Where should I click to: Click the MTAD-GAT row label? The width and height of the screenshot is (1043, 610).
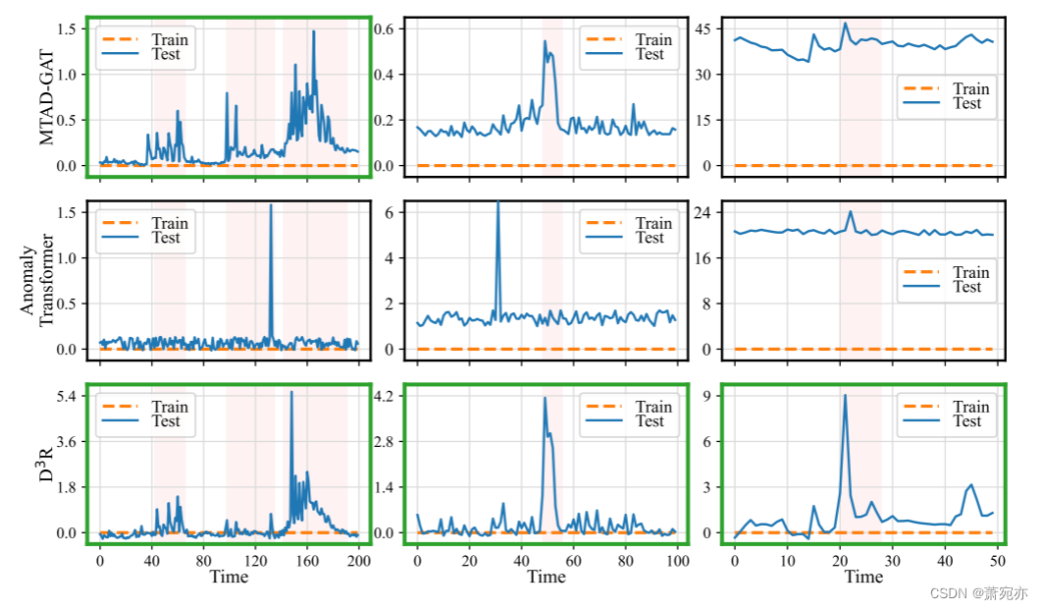(x=48, y=98)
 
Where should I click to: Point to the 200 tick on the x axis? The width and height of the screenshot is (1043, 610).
(x=359, y=562)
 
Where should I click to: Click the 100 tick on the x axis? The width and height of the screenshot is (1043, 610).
(x=676, y=562)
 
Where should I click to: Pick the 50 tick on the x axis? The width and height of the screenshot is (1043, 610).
(x=994, y=562)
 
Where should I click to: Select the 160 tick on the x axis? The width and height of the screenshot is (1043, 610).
(x=307, y=562)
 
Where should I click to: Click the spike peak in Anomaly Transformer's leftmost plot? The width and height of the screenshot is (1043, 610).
(x=271, y=205)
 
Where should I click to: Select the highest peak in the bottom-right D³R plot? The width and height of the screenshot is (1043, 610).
(x=845, y=395)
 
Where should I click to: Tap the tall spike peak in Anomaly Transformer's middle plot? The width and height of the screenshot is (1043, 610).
(x=497, y=202)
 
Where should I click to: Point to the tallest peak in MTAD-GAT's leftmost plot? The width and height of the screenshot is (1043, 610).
(x=314, y=31)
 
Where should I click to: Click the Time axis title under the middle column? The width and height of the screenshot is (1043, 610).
(x=547, y=578)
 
